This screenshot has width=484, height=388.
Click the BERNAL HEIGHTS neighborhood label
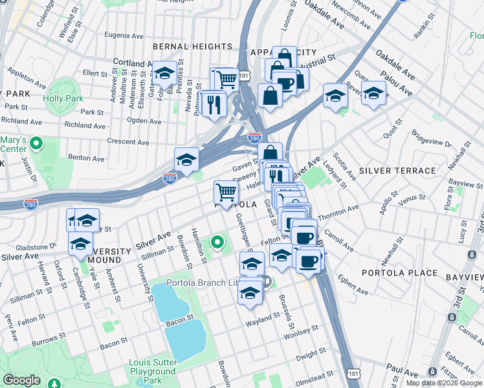pos(192,47)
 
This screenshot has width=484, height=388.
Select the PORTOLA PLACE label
pos(399,273)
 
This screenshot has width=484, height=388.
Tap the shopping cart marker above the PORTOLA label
pos(226,193)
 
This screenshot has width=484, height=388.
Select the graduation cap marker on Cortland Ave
pos(164,74)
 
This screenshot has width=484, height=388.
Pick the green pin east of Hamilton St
pos(217,243)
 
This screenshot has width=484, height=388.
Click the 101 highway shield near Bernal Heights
pos(244,75)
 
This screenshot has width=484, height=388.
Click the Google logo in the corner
pos(21,380)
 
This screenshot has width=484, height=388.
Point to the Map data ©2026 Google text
pos(445,383)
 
